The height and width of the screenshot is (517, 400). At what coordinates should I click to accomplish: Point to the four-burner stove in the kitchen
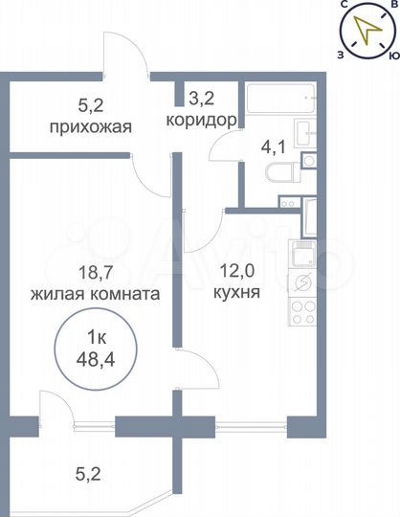(x=302, y=311)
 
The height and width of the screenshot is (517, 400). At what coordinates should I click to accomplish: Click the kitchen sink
(x=303, y=282)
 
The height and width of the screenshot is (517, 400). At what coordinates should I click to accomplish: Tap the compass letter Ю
(x=392, y=56)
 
